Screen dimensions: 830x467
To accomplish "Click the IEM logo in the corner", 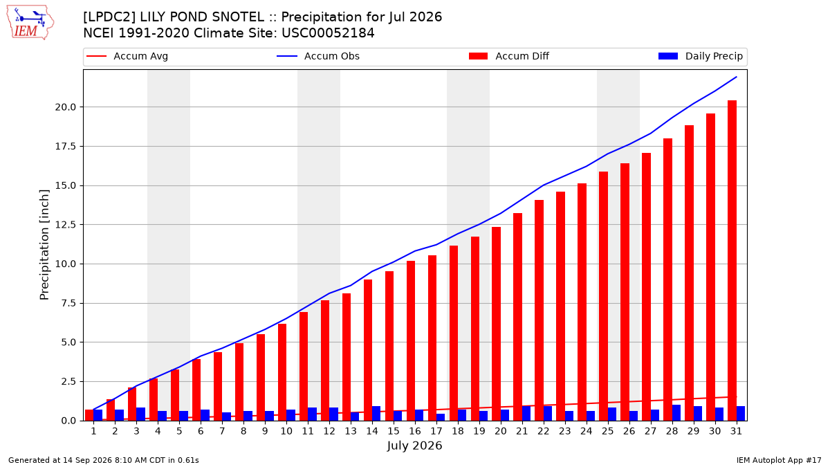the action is click(x=30, y=23).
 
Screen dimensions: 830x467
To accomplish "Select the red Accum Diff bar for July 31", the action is click(x=732, y=261).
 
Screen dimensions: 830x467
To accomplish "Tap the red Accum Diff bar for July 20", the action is click(x=496, y=324).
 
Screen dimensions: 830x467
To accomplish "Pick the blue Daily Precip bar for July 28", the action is click(x=676, y=413).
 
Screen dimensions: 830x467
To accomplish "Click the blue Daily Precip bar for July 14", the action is click(x=376, y=414).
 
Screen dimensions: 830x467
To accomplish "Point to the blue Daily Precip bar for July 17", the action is click(x=441, y=417).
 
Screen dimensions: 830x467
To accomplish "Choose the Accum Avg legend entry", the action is click(x=127, y=56).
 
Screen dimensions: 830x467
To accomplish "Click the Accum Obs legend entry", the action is click(x=318, y=56).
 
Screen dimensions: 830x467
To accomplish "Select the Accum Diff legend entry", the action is click(x=509, y=56).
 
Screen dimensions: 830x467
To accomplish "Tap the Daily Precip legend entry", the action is click(x=701, y=56).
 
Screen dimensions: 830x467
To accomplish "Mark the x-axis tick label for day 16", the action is click(x=415, y=431).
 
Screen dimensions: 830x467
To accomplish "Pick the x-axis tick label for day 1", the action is click(x=94, y=431).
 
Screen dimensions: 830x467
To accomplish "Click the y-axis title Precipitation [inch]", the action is click(x=44, y=245).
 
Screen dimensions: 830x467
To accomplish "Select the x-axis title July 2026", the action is click(x=414, y=446).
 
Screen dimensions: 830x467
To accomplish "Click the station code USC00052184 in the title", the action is click(x=328, y=33).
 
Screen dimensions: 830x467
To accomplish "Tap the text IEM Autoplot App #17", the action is click(x=779, y=460).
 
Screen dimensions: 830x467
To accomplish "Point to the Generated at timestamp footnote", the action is click(x=103, y=460).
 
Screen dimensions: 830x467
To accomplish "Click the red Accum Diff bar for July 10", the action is click(x=282, y=372).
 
